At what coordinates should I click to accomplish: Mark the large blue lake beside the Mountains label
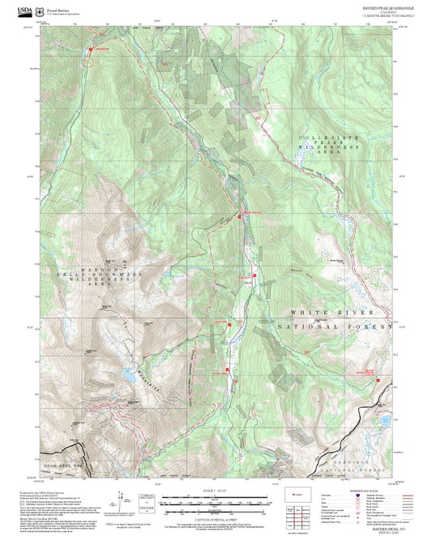(126, 375)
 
